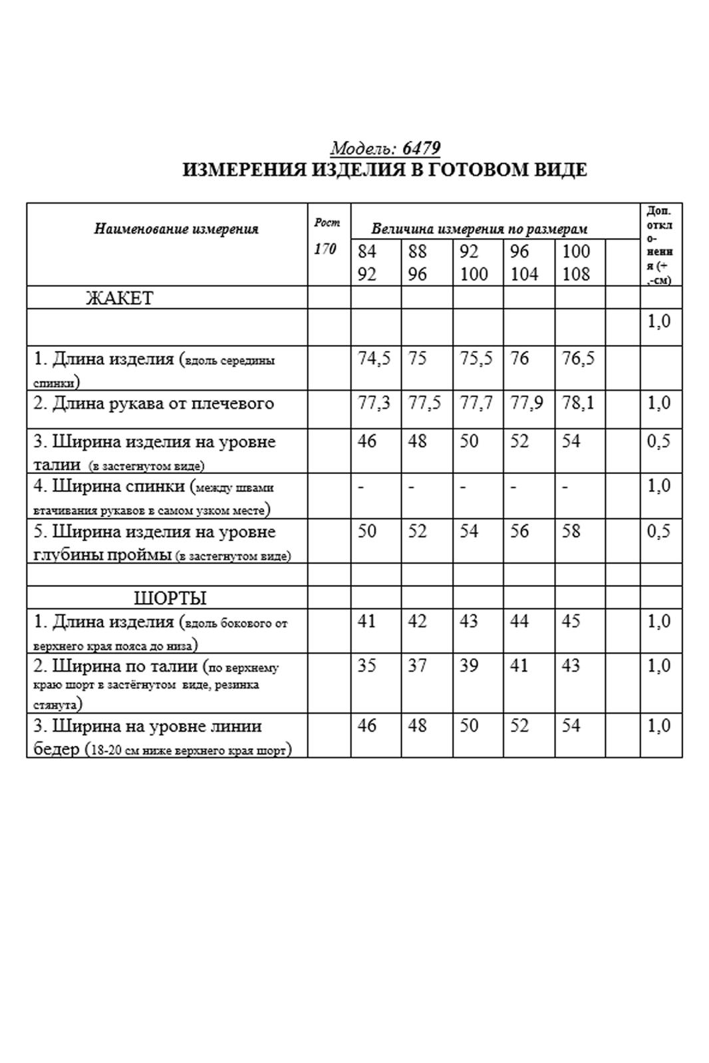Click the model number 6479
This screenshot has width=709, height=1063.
click(x=421, y=148)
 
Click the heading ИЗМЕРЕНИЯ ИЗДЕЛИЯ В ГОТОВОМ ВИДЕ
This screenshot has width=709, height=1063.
click(x=384, y=170)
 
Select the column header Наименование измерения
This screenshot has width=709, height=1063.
click(x=176, y=229)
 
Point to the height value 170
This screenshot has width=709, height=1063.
click(x=325, y=249)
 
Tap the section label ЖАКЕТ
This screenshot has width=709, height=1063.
click(x=120, y=298)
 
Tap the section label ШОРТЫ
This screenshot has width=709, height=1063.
click(x=170, y=598)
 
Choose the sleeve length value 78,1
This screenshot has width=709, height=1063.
click(x=578, y=403)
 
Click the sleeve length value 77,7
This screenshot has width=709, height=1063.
click(x=476, y=403)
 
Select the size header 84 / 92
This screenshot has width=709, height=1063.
click(x=367, y=263)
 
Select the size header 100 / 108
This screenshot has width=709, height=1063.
click(x=576, y=263)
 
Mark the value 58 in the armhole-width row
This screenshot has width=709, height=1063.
click(x=571, y=531)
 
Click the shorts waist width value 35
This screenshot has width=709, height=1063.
click(x=367, y=665)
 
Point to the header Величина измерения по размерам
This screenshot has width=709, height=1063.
click(x=479, y=229)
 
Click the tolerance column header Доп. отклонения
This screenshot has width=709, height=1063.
click(x=659, y=245)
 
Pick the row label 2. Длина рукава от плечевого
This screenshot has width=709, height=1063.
click(x=154, y=404)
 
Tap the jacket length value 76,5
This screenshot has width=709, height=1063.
click(x=578, y=359)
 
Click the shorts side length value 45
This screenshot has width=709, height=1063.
click(x=571, y=621)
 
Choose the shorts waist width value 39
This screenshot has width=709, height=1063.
click(x=469, y=665)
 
